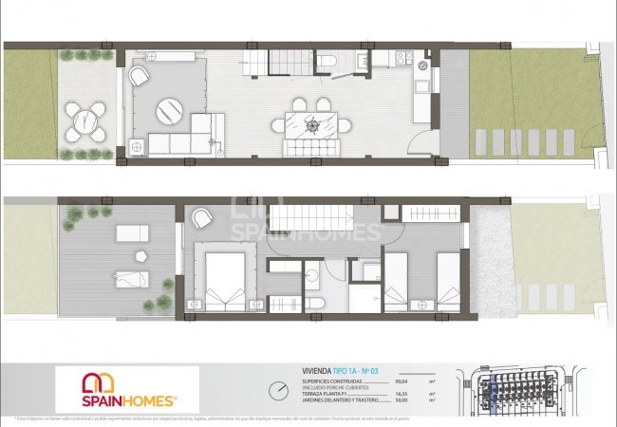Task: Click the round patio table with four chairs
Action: [87, 120]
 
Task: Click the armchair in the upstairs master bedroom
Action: [202, 219]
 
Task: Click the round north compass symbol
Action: [278, 390]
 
